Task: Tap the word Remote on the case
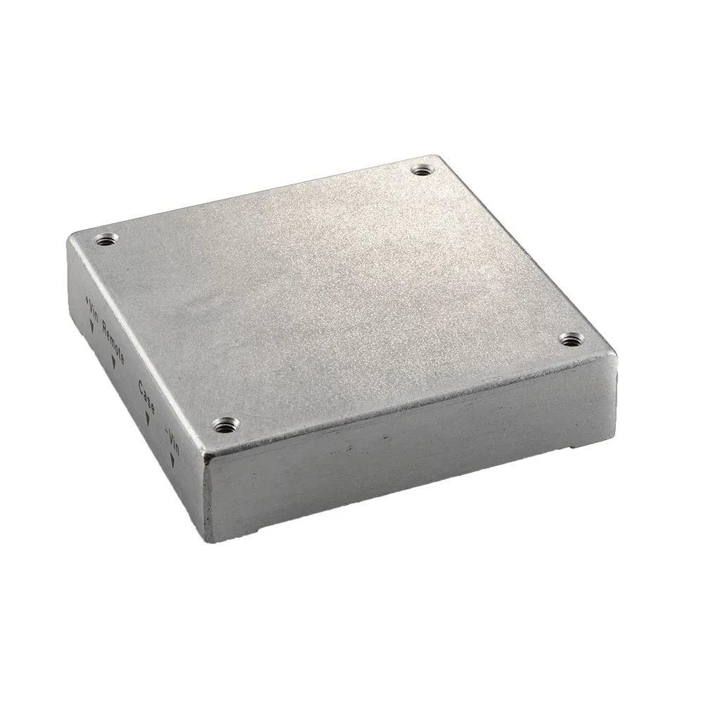tap(113, 340)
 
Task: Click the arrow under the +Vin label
tap(91, 328)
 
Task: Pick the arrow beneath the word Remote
tap(115, 363)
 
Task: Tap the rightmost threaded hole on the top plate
tap(571, 340)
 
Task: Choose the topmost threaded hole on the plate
tap(421, 169)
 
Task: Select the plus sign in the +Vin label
tap(87, 299)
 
